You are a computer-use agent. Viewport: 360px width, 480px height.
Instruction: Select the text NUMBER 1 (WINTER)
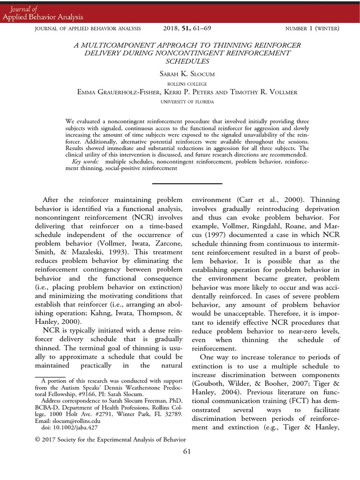(x=312, y=29)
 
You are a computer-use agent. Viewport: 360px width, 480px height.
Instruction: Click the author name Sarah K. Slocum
(x=180, y=75)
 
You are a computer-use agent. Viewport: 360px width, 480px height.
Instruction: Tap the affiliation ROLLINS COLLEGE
(x=180, y=84)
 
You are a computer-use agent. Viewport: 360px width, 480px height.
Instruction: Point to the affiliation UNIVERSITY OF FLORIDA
(x=180, y=101)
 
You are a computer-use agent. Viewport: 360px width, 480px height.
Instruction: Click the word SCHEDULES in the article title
(x=180, y=61)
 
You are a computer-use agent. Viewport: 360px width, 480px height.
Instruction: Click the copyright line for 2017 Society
(x=111, y=439)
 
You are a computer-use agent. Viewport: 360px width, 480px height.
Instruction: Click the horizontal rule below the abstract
(x=180, y=184)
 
